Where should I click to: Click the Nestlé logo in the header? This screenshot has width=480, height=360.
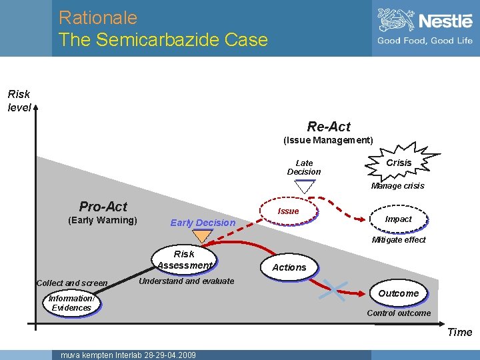click(x=425, y=27)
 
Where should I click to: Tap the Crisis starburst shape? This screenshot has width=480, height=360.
click(x=399, y=163)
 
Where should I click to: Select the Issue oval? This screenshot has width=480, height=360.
click(x=288, y=211)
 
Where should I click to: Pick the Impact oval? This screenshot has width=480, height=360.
click(x=398, y=219)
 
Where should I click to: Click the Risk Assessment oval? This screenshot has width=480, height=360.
click(x=184, y=259)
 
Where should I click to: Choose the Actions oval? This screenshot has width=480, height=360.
click(x=289, y=267)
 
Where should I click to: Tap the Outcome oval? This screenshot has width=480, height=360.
click(x=398, y=293)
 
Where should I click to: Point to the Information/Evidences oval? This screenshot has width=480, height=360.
click(x=71, y=303)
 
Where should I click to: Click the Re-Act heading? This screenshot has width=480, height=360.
click(x=329, y=127)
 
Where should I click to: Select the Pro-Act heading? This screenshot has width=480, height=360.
click(x=103, y=207)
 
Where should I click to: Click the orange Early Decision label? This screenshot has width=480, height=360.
click(x=203, y=223)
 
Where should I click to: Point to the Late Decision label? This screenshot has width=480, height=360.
click(x=304, y=167)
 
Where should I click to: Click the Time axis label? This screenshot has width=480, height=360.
click(x=459, y=332)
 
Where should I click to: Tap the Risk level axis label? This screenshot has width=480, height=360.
click(x=19, y=101)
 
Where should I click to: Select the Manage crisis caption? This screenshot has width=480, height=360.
click(x=397, y=186)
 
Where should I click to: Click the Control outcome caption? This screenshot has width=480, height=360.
click(x=399, y=313)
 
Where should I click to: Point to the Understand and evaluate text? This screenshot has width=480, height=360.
click(x=186, y=281)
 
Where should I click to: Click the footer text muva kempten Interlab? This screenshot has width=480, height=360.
click(x=128, y=355)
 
